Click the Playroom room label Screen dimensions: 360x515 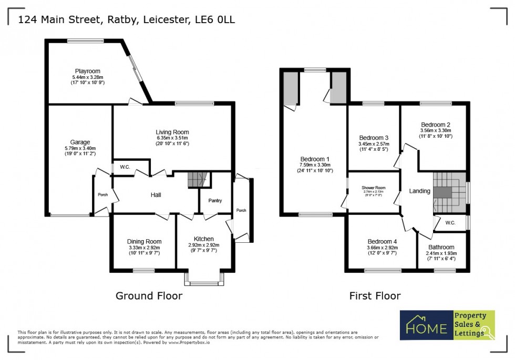click(87, 71)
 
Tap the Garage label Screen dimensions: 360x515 click(80, 142)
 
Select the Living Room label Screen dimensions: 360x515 click(172, 132)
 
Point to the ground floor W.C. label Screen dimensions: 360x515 click(125, 168)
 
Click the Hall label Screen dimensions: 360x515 click(156, 195)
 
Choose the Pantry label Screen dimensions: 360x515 click(215, 200)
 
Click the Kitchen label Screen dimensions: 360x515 click(203, 239)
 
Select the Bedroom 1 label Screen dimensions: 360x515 click(315, 159)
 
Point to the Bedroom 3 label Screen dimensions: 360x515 click(373, 138)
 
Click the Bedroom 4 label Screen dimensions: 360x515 click(381, 242)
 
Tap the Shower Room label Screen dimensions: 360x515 click(374, 188)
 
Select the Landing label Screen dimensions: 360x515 click(420, 191)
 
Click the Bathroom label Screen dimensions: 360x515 click(441, 248)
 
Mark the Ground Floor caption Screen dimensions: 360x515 click(149, 296)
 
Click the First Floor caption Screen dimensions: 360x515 click(375, 296)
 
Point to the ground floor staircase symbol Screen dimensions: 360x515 click(197, 180)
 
